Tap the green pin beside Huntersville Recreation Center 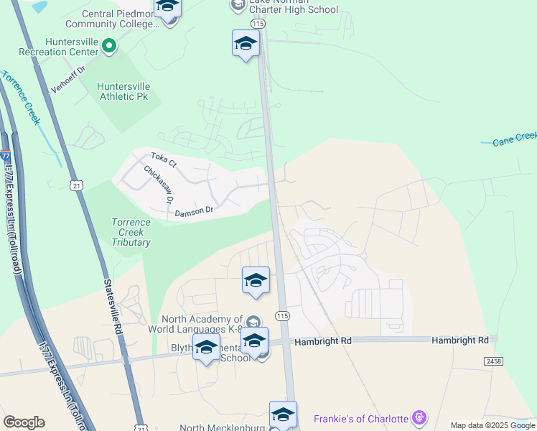pos(109,47)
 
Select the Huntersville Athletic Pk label pos(133,90)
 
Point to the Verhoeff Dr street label pos(68,80)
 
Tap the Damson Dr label pos(194,211)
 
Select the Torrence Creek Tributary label pos(131,232)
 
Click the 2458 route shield pos(494,361)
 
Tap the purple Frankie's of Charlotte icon pos(420,417)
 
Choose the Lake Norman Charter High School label pos(293,6)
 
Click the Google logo pos(24,422)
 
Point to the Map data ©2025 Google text pos(492,426)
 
